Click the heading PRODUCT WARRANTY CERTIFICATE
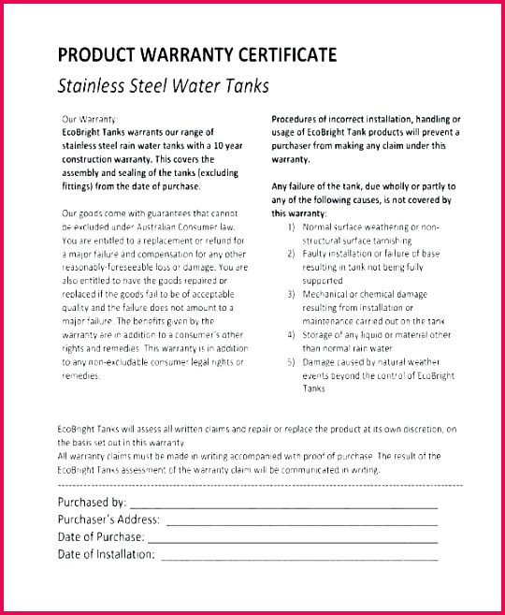coord(197,55)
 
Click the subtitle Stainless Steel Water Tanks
coord(164,86)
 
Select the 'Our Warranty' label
coord(89,120)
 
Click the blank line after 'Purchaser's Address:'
coord(301,520)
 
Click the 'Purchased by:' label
coord(93,503)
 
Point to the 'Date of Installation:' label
coord(107,555)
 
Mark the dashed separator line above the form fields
coord(260,486)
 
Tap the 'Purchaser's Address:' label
coord(108,520)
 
